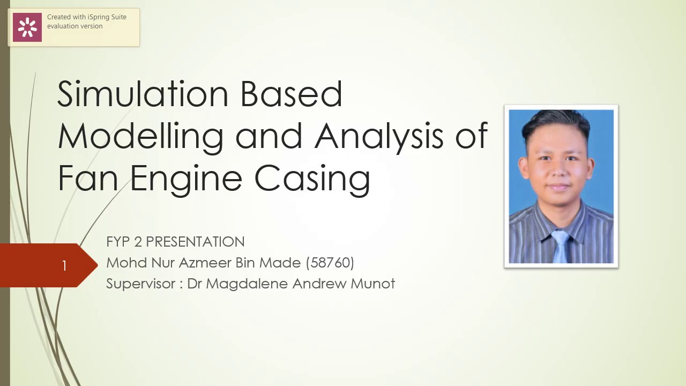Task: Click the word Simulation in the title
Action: pos(143,94)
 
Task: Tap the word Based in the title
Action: pos(291,94)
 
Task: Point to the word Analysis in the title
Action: pos(379,136)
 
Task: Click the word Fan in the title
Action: pos(88,178)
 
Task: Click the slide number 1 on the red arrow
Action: pos(64,266)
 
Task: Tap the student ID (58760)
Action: pos(330,263)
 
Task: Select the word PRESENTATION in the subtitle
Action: pos(195,242)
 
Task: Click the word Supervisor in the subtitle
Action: pos(141,284)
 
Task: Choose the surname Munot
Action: pos(372,284)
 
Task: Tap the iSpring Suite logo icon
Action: pos(27,27)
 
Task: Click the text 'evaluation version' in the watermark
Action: pos(74,26)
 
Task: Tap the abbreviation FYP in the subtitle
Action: pos(118,242)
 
